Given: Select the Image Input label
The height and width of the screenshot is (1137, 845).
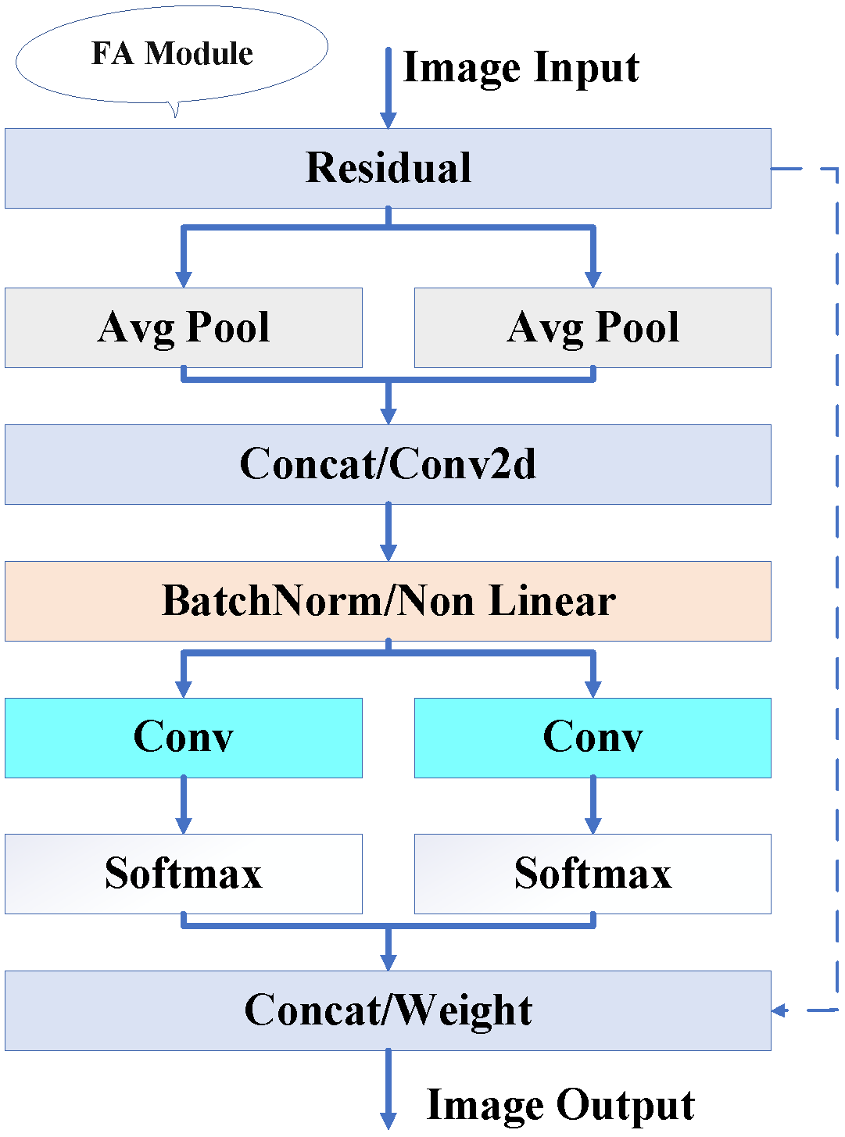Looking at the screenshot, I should [x=521, y=67].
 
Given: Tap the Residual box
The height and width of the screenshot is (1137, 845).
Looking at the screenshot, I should [x=388, y=168].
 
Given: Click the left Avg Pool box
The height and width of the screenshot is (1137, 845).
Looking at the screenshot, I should [x=183, y=327].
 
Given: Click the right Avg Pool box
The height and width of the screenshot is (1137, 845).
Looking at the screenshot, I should [x=593, y=327].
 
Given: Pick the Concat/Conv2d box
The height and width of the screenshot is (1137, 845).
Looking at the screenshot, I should [x=388, y=464].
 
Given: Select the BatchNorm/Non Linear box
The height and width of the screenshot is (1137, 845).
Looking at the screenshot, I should [x=388, y=601].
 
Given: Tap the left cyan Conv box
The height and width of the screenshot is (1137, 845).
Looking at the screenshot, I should [x=183, y=738].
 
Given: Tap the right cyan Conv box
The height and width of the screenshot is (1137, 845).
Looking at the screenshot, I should [x=593, y=738].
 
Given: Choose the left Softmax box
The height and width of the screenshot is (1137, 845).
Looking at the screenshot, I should [x=183, y=874].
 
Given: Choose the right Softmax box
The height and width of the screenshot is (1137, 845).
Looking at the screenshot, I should [x=593, y=874].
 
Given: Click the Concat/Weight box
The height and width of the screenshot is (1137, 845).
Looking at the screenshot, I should [x=388, y=1010].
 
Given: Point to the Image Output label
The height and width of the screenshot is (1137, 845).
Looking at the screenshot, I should [x=560, y=1105].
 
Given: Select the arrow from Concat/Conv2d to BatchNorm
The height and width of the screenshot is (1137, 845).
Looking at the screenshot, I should [x=388, y=532].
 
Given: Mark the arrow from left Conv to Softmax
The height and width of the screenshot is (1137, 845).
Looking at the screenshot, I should [x=183, y=805].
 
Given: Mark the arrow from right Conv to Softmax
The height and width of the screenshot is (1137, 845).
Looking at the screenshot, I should [x=593, y=805].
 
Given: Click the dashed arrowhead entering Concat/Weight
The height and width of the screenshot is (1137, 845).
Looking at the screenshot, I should [x=779, y=1010].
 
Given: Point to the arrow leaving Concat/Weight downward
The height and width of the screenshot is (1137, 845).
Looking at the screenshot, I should [x=388, y=1089].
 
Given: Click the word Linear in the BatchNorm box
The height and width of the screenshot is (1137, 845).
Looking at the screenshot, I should [x=552, y=601].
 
